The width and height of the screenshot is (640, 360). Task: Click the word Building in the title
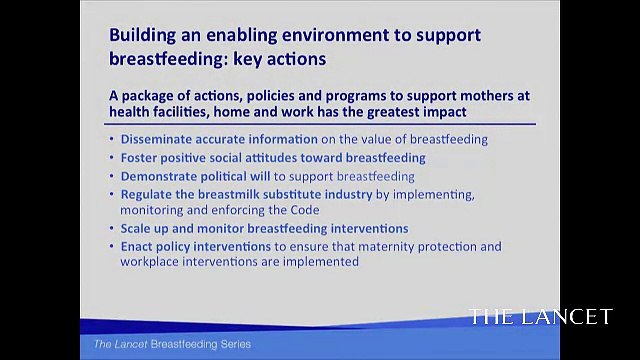pyautogui.click(x=146, y=36)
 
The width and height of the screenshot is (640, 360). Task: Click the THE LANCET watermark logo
pyautogui.click(x=541, y=317)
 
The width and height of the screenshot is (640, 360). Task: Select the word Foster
pyautogui.click(x=142, y=158)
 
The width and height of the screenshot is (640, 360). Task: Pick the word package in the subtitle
pyautogui.click(x=147, y=95)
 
